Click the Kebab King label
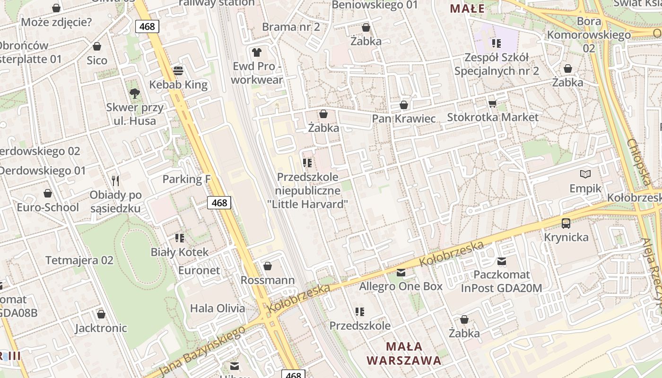pos(178,85)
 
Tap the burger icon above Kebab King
pos(178,71)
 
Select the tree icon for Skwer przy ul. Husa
pos(135,93)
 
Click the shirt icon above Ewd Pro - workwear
pos(257,52)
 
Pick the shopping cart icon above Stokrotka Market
pos(493,103)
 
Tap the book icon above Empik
pos(585,174)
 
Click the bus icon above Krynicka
pos(566,223)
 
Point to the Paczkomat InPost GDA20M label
pos(501,281)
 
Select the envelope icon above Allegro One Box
pos(401,272)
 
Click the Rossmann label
pos(268,280)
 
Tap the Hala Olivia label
pos(218,309)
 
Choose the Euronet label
pos(199,270)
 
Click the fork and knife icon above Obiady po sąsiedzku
pos(115,180)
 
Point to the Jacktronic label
pos(101,328)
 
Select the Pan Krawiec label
pos(404,118)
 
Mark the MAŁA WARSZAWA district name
pos(404,353)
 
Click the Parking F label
pos(186,179)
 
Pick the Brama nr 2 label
pos(291,26)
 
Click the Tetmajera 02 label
pos(79,260)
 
